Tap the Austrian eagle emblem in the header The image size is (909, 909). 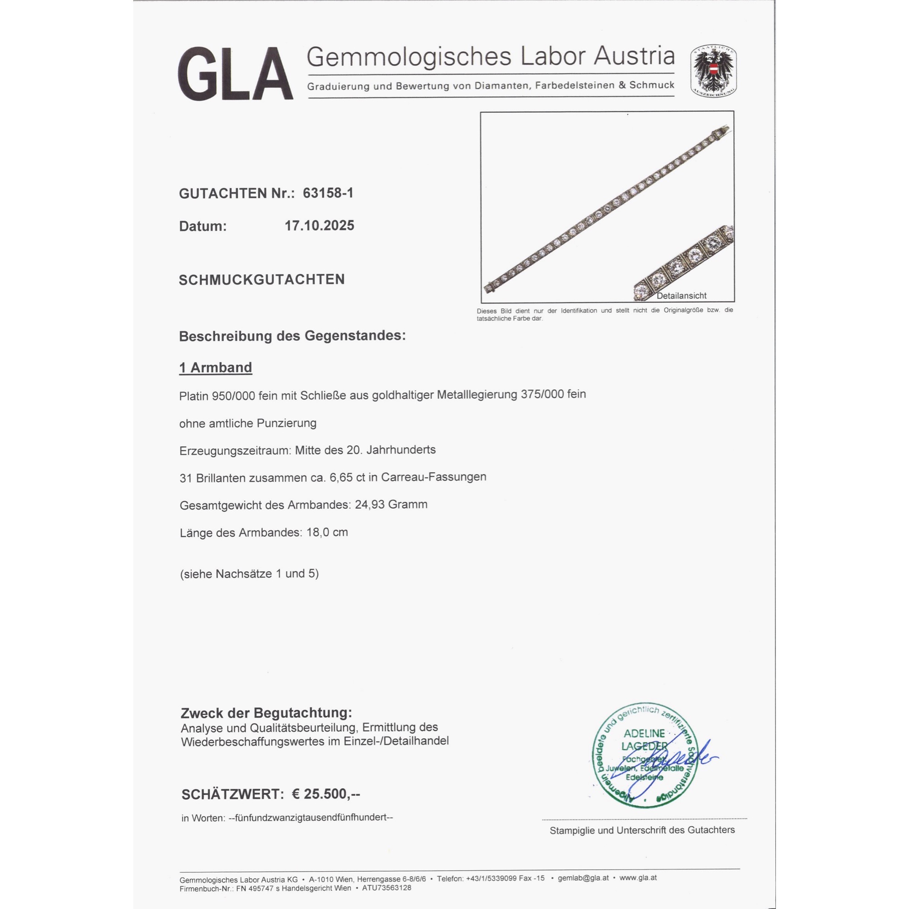coord(713,71)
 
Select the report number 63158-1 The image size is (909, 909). coord(328,193)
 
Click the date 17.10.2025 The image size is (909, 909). coord(319,226)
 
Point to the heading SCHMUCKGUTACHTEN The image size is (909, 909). coord(262,280)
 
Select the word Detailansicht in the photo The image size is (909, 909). coord(681,295)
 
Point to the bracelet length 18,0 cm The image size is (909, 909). coord(327,532)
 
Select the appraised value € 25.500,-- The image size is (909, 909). coord(325,794)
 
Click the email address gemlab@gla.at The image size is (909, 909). coord(583,878)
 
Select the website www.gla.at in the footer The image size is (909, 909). coord(638,878)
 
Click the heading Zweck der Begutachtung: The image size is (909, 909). coord(266,713)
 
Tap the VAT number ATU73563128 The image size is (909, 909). coord(386,888)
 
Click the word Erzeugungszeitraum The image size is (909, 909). coord(235,450)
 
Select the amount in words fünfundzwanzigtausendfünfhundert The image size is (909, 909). coord(310,817)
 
